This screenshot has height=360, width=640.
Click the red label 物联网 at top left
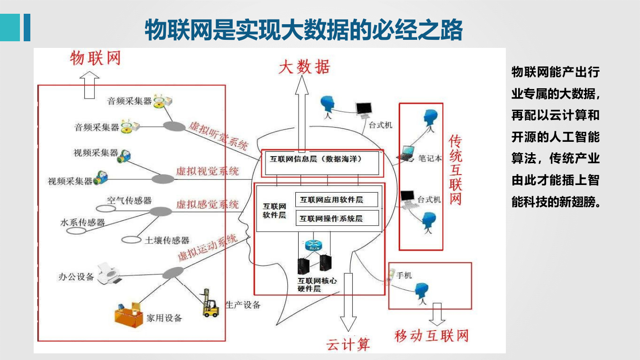pyautogui.click(x=95, y=58)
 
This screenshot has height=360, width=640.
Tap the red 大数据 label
pyautogui.click(x=303, y=67)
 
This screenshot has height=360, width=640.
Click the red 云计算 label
pyautogui.click(x=348, y=344)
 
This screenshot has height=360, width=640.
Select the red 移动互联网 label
pyautogui.click(x=431, y=336)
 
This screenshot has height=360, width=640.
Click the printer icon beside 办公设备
pyautogui.click(x=110, y=274)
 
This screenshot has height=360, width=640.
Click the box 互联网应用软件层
pyautogui.click(x=337, y=200)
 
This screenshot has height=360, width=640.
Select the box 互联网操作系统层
pyautogui.click(x=337, y=218)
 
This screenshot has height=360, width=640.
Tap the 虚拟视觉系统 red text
pyautogui.click(x=207, y=171)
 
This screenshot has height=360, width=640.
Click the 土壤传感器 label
pyautogui.click(x=167, y=240)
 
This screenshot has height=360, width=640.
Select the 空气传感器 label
pyautogui.click(x=129, y=201)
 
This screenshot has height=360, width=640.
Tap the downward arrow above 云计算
pyautogui.click(x=348, y=301)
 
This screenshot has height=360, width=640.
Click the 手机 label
pyautogui.click(x=404, y=275)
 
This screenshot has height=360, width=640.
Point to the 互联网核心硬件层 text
pyautogui.click(x=317, y=284)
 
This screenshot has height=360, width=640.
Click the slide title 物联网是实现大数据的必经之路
pyautogui.click(x=303, y=30)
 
